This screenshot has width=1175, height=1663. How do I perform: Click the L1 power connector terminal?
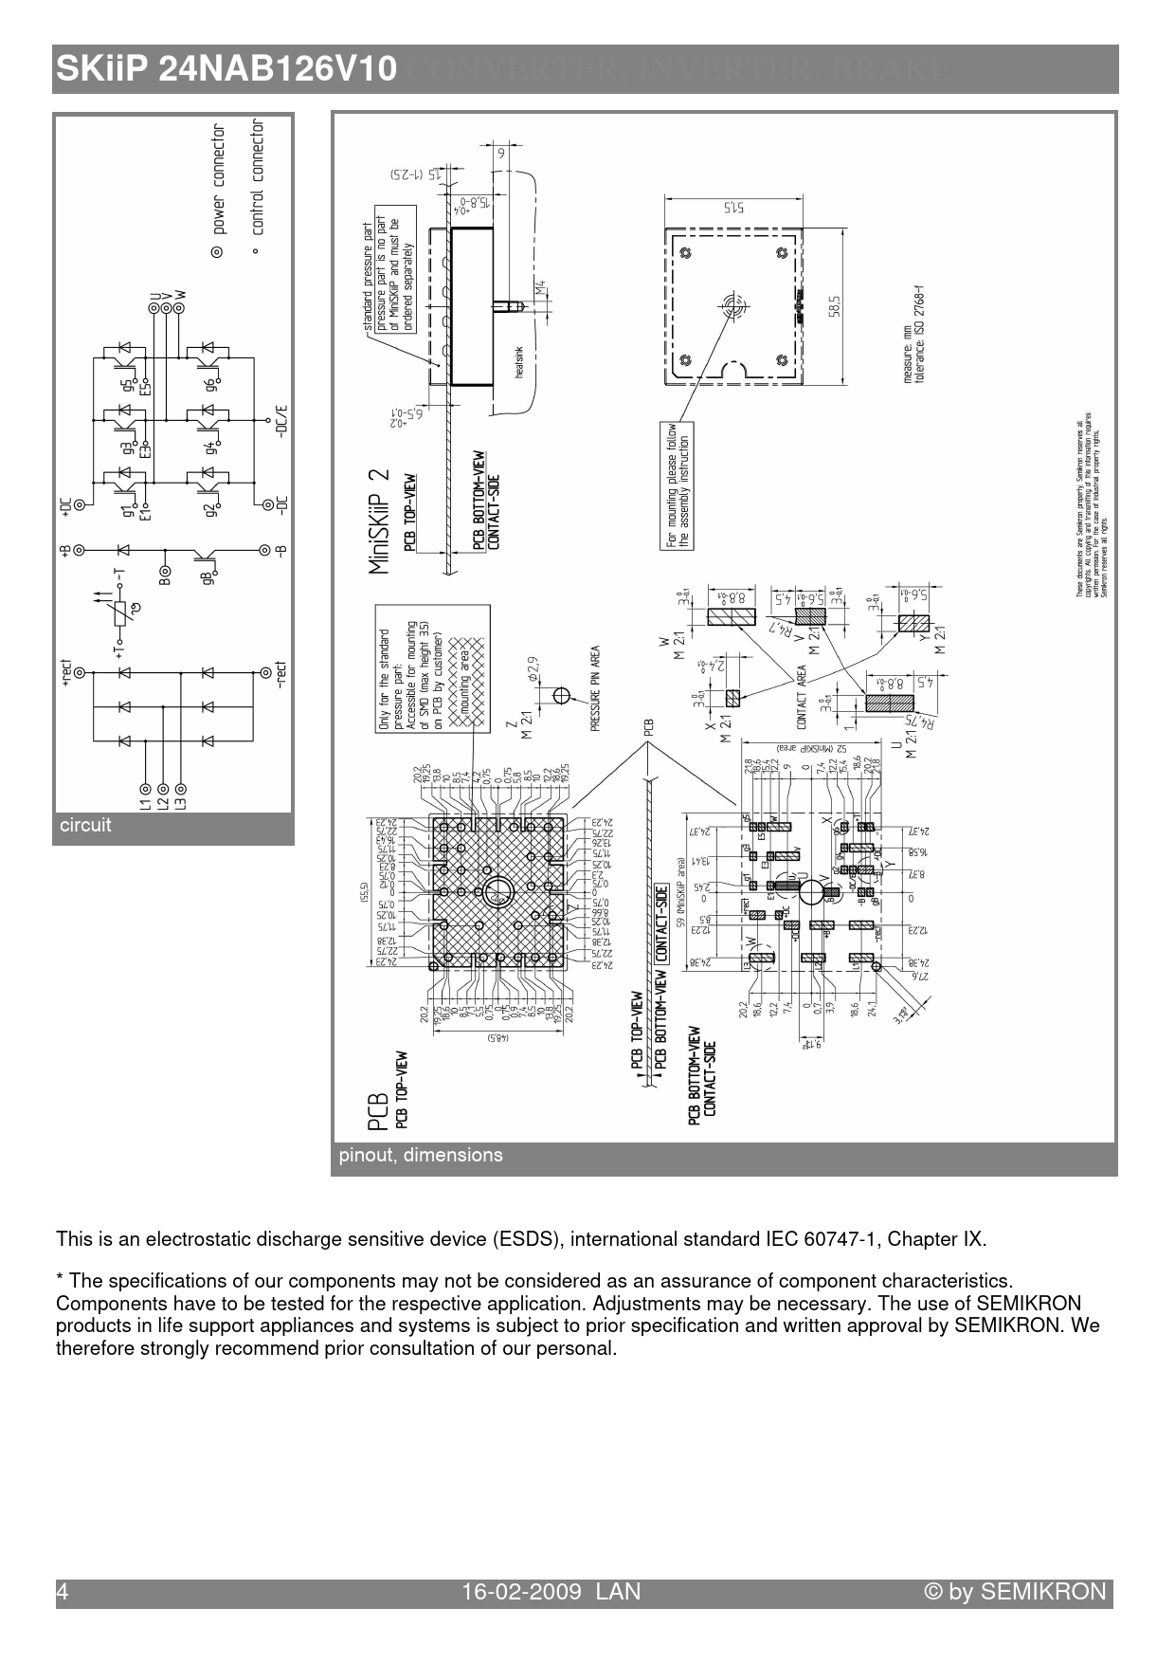pyautogui.click(x=145, y=788)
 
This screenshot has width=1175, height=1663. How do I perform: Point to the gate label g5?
pyautogui.click(x=126, y=386)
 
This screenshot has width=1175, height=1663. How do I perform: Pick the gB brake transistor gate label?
pyautogui.click(x=208, y=573)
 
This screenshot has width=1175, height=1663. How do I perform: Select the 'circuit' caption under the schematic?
pyautogui.click(x=85, y=825)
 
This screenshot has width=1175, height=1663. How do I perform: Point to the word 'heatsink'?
pyautogui.click(x=518, y=362)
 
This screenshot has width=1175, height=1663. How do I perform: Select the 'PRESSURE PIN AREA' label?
pyautogui.click(x=595, y=687)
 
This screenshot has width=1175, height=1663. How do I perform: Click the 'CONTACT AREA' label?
pyautogui.click(x=802, y=696)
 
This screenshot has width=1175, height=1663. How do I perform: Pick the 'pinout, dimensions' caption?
pyautogui.click(x=421, y=1155)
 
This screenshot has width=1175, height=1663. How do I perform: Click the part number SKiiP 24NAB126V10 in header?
pyautogui.click(x=226, y=69)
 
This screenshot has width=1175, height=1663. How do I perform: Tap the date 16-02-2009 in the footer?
pyautogui.click(x=521, y=1592)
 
